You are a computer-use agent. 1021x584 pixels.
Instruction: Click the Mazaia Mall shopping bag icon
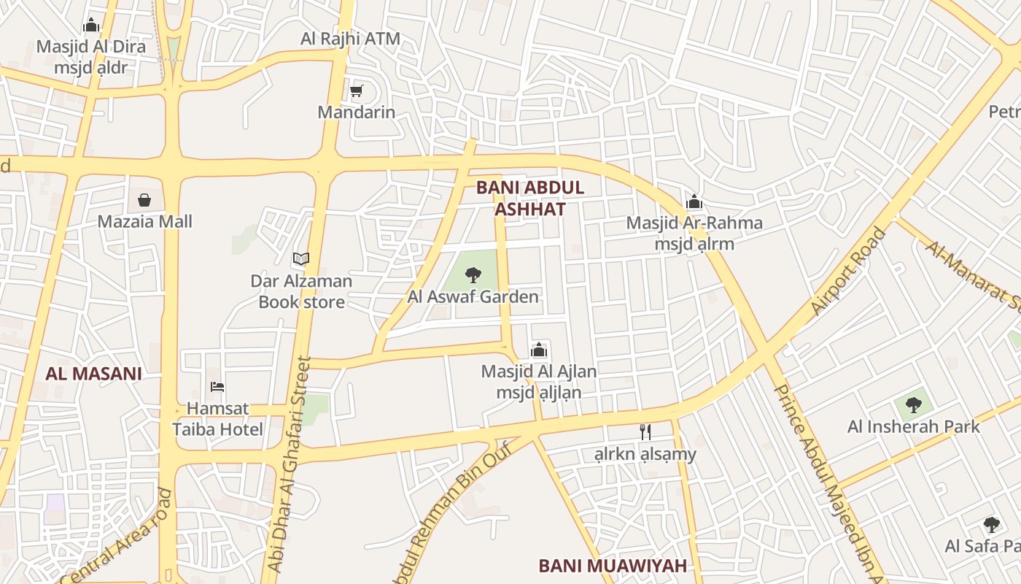pos(144,200)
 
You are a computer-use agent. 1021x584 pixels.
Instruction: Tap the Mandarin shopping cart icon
pos(356,91)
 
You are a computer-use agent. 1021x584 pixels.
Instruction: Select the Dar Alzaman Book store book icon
pos(300,258)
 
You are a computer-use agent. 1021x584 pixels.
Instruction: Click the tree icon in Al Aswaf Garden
pos(473,275)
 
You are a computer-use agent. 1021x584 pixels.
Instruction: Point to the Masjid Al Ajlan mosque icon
pos(539,350)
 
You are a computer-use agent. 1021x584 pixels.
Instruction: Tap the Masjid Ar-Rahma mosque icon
pos(694,201)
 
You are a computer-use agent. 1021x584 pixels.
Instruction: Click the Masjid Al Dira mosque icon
pos(91,26)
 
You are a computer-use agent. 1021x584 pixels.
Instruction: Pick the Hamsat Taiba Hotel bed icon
pos(217,387)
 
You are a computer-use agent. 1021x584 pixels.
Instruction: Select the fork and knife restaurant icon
pos(645,432)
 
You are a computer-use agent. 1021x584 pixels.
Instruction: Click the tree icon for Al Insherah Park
pos(913,404)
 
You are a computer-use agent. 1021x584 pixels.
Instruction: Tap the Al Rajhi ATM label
pos(350,39)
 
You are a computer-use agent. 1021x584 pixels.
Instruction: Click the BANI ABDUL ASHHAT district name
pos(530,198)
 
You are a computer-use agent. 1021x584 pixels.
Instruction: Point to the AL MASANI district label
pos(93,374)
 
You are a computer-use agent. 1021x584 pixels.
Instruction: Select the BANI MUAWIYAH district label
pos(613,566)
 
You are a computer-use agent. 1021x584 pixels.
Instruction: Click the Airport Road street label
pos(849,272)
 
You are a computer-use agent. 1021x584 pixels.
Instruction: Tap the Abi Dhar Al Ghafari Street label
pos(290,464)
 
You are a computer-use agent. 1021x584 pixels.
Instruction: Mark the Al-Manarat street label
pos(973,274)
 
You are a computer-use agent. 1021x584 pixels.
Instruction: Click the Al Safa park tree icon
pos(991,524)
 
